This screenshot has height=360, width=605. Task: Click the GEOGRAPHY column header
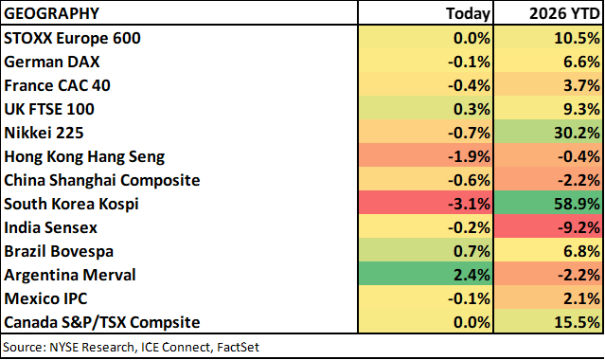click(x=52, y=13)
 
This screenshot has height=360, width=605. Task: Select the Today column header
click(x=468, y=13)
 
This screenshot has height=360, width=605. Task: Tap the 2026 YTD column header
click(x=564, y=13)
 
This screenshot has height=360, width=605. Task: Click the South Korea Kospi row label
click(x=71, y=204)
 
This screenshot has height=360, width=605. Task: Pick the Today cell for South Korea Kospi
click(x=426, y=203)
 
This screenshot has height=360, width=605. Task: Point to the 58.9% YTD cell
click(x=549, y=203)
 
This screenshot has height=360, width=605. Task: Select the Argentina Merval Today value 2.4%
click(x=472, y=275)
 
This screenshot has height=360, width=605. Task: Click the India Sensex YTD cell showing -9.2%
click(x=549, y=226)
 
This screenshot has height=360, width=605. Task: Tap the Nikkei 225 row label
click(x=44, y=133)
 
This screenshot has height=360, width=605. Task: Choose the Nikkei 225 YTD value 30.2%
click(x=577, y=133)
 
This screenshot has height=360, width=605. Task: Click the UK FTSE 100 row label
click(x=49, y=109)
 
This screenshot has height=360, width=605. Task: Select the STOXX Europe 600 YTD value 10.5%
click(x=577, y=38)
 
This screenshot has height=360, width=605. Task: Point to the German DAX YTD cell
click(x=549, y=61)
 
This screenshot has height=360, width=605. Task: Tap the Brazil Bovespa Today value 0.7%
click(x=472, y=251)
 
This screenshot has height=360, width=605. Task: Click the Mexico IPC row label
click(x=45, y=298)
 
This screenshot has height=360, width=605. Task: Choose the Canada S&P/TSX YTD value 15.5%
click(x=577, y=322)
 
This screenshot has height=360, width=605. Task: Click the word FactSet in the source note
click(x=238, y=347)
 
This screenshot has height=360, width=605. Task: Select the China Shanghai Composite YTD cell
click(x=549, y=179)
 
